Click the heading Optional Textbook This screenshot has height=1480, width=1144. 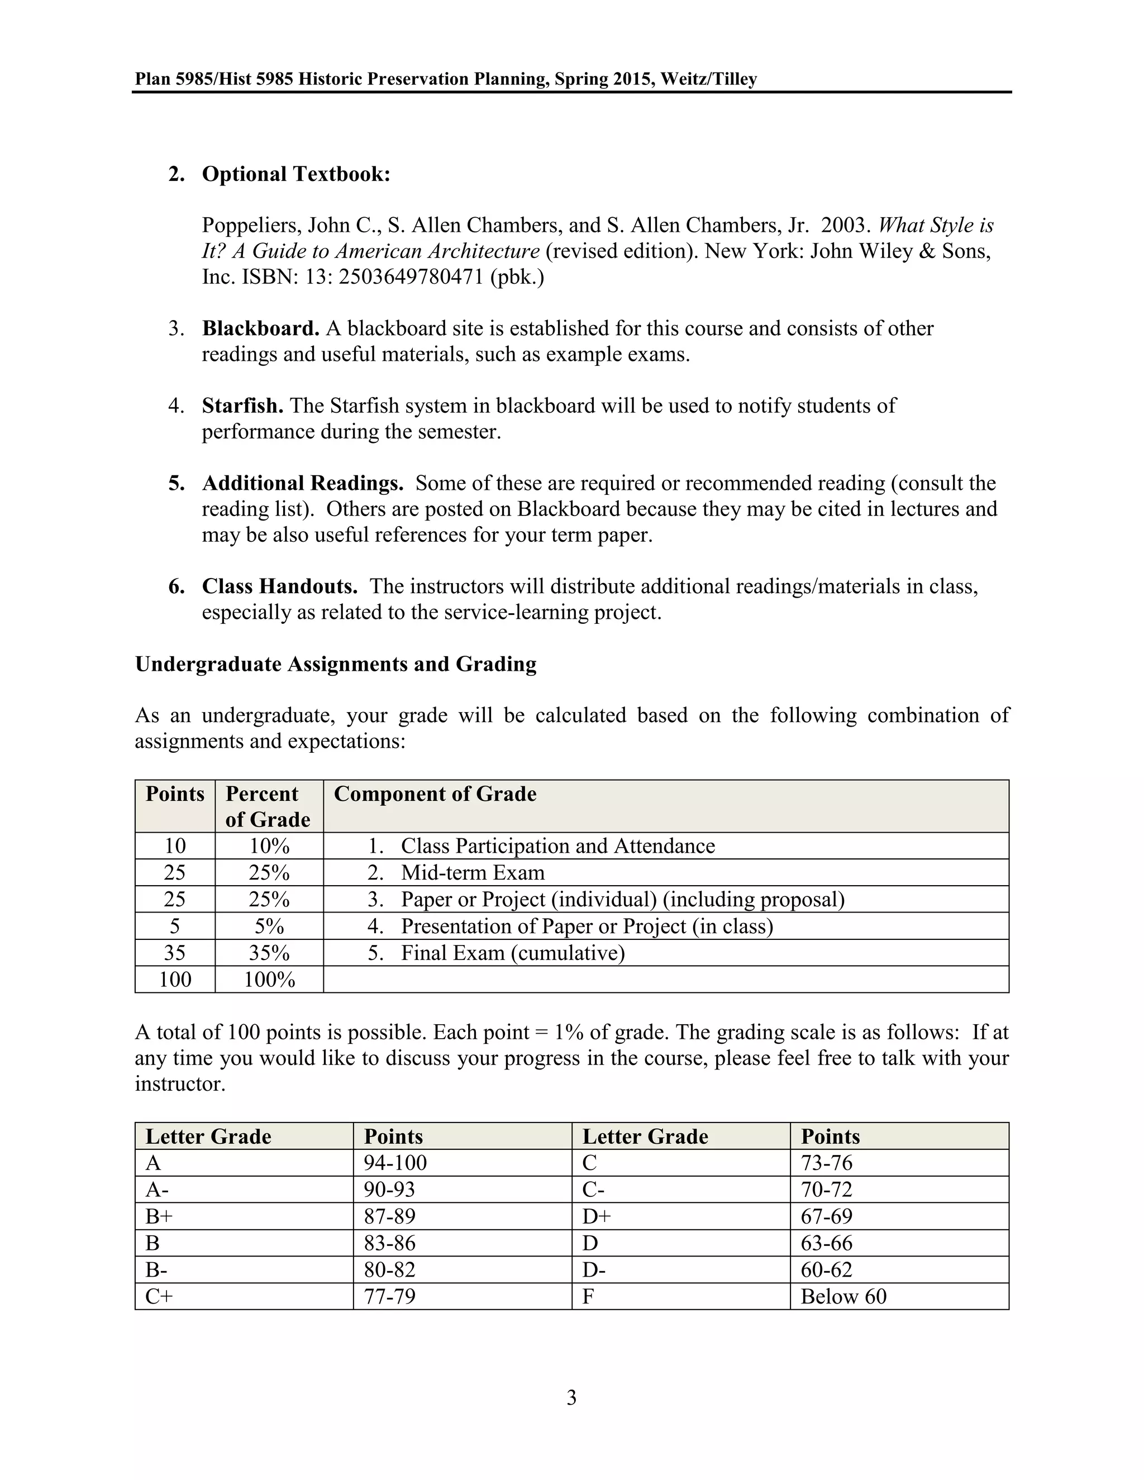click(x=296, y=174)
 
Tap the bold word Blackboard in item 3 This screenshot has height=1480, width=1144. click(x=260, y=328)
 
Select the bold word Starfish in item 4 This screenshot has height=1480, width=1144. click(x=242, y=406)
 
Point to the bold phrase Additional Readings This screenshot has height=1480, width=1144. click(x=302, y=483)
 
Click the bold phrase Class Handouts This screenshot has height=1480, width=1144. click(x=279, y=586)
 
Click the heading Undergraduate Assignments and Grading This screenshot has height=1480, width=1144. click(x=336, y=664)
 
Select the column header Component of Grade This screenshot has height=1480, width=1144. click(x=435, y=794)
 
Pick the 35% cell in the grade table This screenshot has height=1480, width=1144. click(x=269, y=953)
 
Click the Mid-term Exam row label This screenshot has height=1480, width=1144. click(x=473, y=873)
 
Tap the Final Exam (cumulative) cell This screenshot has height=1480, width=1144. click(x=512, y=953)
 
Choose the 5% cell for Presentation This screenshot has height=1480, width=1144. click(x=269, y=927)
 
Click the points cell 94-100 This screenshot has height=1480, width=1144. click(x=395, y=1163)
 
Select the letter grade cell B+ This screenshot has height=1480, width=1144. click(x=159, y=1217)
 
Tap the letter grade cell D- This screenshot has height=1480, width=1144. click(x=594, y=1270)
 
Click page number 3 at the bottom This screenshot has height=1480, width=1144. click(x=571, y=1398)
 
